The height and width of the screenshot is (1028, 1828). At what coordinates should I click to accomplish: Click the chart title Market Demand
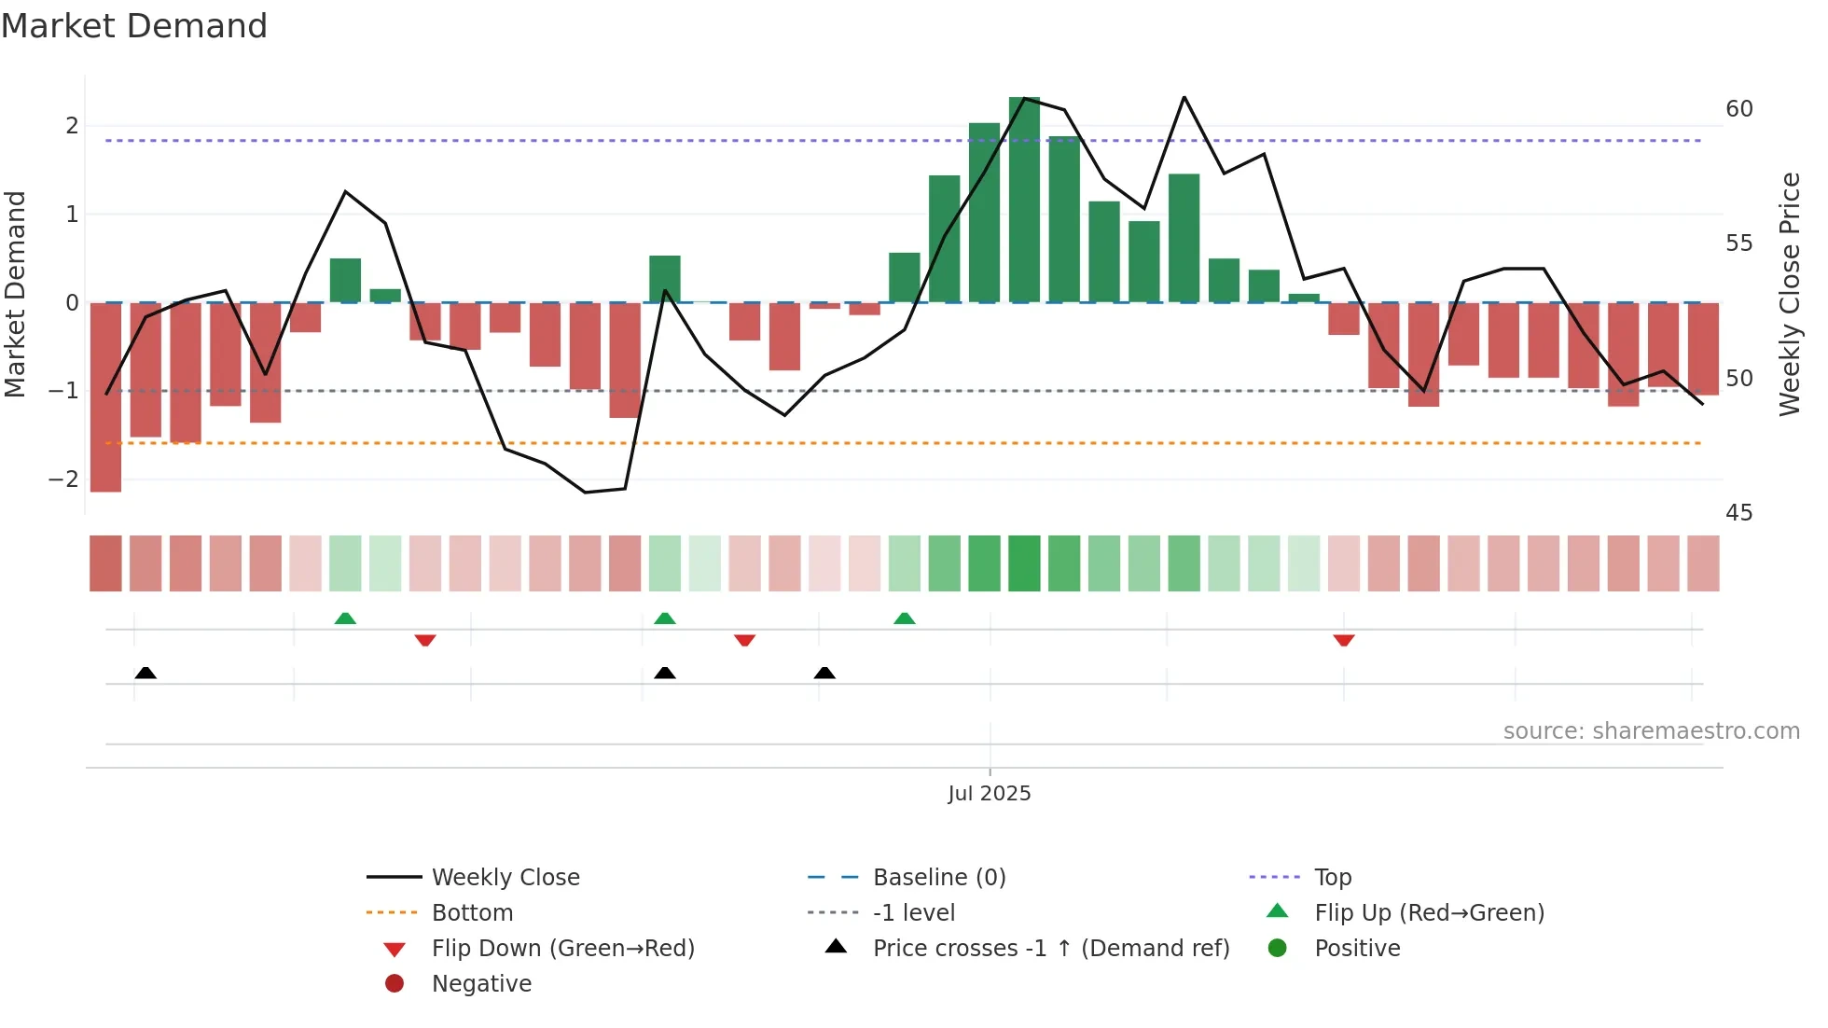[x=134, y=26]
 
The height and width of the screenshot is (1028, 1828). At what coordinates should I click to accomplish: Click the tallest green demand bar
[x=1024, y=200]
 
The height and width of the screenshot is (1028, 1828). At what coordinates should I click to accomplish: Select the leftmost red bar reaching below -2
[x=105, y=396]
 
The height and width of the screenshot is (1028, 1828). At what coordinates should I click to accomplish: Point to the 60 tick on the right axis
[x=1738, y=109]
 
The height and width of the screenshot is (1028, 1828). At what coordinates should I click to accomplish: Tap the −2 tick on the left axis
[x=63, y=479]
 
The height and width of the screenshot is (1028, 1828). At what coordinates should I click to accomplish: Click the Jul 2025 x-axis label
[x=989, y=794]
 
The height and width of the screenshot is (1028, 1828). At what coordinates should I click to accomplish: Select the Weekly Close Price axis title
[x=1789, y=294]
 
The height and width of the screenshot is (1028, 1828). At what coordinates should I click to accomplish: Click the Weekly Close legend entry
[x=505, y=878]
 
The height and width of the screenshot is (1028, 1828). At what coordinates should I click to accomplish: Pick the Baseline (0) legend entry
[x=938, y=878]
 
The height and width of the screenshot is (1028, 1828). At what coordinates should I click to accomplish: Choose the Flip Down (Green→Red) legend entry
[x=562, y=949]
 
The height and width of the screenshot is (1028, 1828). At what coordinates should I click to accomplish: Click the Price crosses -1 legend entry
[x=1050, y=949]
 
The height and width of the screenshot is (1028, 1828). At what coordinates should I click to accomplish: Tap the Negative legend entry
[x=481, y=984]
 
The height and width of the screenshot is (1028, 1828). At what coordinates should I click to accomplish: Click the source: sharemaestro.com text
[x=1651, y=731]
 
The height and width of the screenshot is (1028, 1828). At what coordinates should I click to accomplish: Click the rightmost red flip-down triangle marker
[x=1343, y=640]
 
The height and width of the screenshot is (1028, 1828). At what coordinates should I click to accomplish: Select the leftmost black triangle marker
[x=145, y=673]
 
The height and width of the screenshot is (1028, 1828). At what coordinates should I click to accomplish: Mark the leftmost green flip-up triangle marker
[x=345, y=618]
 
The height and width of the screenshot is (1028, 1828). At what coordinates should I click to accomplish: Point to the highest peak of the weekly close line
[x=1184, y=97]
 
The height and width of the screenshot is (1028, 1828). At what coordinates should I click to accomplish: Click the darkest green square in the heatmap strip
[x=1024, y=563]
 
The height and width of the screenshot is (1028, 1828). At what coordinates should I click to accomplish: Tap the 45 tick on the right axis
[x=1738, y=513]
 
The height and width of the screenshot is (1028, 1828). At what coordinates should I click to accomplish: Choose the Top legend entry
[x=1332, y=878]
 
